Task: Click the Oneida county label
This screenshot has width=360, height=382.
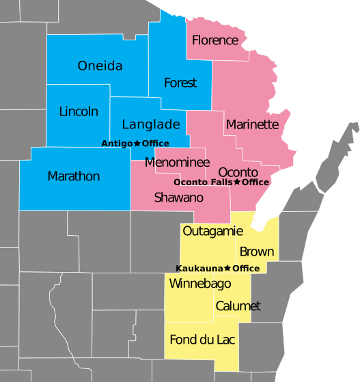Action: click(100, 66)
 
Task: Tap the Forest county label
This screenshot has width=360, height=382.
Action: click(180, 83)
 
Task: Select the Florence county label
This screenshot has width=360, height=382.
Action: click(215, 40)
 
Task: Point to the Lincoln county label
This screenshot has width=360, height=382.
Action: click(79, 111)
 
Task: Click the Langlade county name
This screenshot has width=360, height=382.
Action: click(151, 124)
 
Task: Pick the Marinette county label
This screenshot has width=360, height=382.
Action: click(252, 124)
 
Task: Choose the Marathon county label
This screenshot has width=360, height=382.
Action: click(74, 176)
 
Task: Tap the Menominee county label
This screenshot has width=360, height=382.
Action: click(177, 163)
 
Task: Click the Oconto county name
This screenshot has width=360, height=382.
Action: click(238, 172)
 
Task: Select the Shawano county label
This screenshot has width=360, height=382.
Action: click(179, 197)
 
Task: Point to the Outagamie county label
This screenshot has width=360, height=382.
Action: click(212, 231)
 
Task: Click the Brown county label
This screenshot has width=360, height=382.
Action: click(257, 251)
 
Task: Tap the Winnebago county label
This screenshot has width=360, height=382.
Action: click(199, 284)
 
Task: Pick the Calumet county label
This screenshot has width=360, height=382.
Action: click(238, 306)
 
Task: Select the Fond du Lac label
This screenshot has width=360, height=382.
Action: click(203, 340)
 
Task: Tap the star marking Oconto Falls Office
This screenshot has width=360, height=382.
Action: click(237, 182)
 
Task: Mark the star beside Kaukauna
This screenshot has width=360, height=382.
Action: click(227, 269)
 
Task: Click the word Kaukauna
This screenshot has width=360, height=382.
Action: click(199, 269)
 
